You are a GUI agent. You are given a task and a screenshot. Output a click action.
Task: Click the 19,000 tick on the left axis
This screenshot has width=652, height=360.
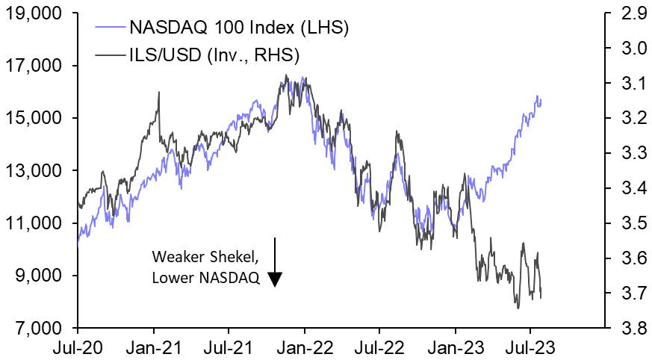[x=35, y=13]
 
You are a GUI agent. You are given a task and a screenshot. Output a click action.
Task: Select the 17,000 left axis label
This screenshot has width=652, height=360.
[x=35, y=66]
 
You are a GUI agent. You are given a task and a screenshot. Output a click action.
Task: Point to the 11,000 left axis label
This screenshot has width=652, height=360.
[x=35, y=223]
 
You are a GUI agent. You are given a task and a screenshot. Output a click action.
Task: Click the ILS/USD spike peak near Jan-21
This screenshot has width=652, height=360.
[x=159, y=92]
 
